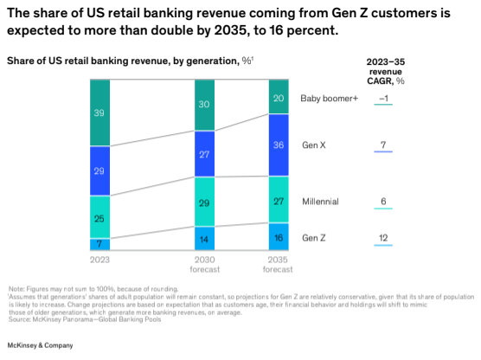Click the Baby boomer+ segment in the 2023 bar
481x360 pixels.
[x=99, y=112]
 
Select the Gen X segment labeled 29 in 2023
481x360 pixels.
[x=99, y=170]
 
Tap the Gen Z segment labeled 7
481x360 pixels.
[x=99, y=244]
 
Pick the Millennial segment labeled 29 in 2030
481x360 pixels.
[x=205, y=202]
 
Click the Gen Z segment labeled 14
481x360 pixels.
[x=205, y=239]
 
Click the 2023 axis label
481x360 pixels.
[x=99, y=259]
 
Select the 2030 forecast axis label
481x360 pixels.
[x=205, y=263]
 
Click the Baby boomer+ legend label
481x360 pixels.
[x=328, y=98]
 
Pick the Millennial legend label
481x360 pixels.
[x=319, y=201]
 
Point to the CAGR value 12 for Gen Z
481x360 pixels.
[x=383, y=237]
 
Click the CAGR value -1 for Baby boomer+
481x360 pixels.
[x=383, y=98]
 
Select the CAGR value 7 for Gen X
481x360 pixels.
[x=383, y=144]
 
